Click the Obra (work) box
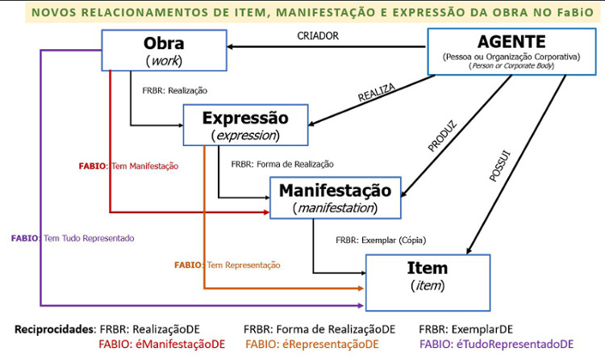pos(164,50)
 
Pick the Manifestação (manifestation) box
pos(335,198)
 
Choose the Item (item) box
pos(428,275)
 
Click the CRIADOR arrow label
pos(318,36)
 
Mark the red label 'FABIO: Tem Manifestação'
pos(128,165)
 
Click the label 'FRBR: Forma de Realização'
pos(282,164)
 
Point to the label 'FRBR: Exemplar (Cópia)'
pos(380,240)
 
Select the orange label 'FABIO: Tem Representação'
pos(227,264)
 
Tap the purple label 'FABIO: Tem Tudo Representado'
pos(73,238)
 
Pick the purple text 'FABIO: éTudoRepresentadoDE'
pos(496,344)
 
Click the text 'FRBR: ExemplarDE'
pos(465,329)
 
